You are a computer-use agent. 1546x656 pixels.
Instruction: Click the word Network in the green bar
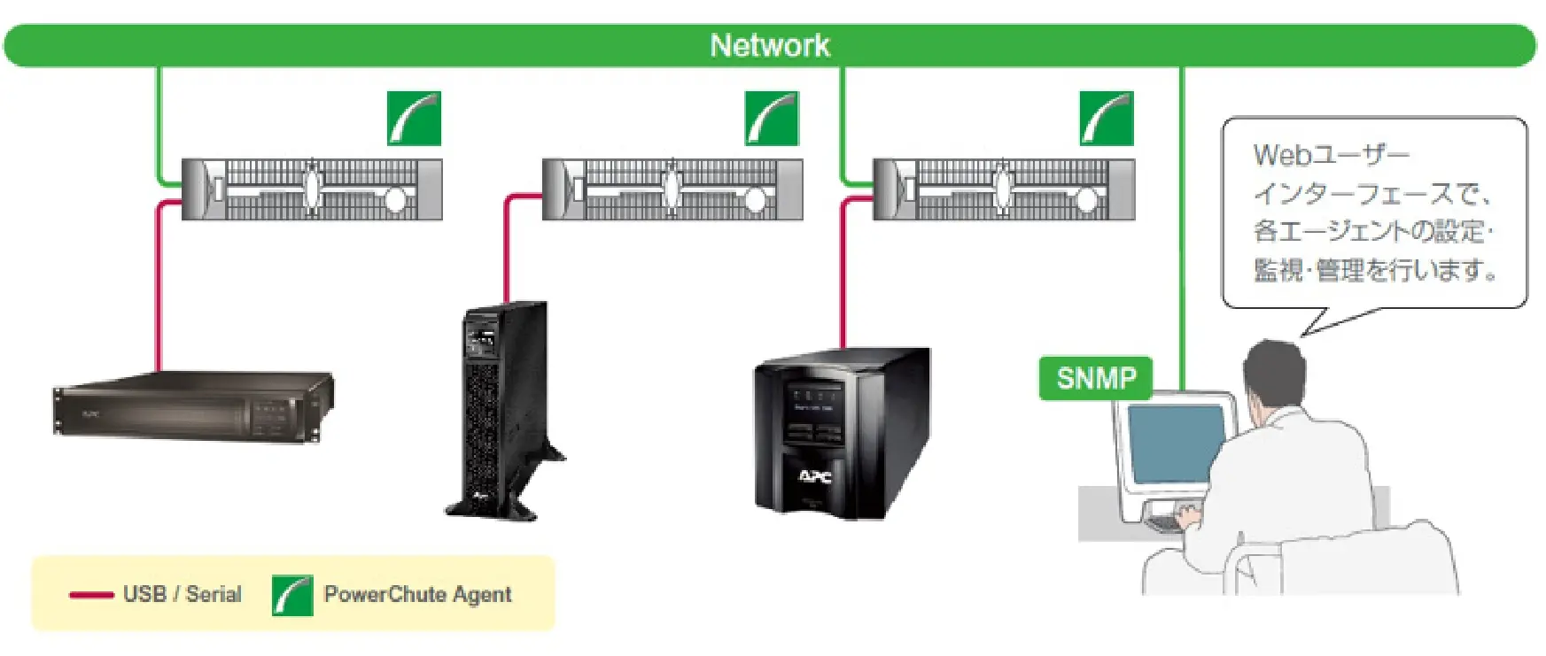click(x=770, y=45)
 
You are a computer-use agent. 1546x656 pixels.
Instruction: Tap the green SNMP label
click(x=1096, y=379)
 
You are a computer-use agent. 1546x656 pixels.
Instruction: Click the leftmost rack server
click(x=312, y=189)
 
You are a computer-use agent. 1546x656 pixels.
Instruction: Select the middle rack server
click(x=672, y=189)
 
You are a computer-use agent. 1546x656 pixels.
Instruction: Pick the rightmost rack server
click(x=1004, y=189)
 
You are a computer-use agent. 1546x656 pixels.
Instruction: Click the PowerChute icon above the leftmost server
click(x=414, y=119)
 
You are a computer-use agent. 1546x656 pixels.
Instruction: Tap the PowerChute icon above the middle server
click(x=772, y=119)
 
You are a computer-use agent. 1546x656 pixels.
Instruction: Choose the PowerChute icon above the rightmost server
click(x=1107, y=119)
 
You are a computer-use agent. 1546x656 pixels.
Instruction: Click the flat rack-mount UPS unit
click(x=193, y=407)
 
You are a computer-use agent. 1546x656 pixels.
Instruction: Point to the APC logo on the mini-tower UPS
click(x=815, y=477)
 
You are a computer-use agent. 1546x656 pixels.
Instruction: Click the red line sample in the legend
click(x=91, y=595)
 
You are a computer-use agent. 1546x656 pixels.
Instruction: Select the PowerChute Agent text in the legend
click(x=417, y=594)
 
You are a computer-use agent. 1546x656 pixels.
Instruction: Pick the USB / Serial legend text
click(x=183, y=594)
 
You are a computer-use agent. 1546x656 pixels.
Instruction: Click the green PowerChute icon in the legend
click(x=292, y=595)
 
